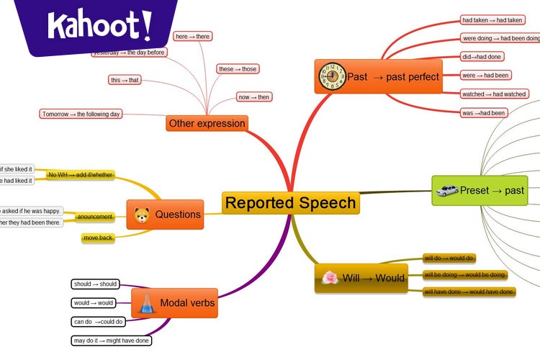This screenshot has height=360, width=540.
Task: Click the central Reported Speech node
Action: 290,202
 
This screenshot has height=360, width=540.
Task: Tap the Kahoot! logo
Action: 100,26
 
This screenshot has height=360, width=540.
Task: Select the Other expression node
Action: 207,123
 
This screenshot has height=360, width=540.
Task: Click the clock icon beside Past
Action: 330,76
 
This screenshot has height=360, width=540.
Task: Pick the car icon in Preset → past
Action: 446,191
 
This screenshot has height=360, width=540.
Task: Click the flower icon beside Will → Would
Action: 329,278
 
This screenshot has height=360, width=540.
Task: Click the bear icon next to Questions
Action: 141,215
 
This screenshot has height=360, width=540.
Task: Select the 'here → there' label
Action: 194,36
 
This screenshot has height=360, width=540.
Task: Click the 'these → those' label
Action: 237,69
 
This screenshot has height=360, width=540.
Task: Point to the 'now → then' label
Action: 254,97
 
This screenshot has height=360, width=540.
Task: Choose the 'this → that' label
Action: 124,80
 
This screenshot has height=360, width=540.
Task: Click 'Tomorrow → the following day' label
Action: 81,114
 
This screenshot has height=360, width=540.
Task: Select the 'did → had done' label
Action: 482,57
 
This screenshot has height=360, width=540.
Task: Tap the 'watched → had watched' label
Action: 495,94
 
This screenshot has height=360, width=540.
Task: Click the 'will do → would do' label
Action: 449,258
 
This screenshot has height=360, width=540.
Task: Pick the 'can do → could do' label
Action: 99,321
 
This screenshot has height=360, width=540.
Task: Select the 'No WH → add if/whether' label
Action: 80,174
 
